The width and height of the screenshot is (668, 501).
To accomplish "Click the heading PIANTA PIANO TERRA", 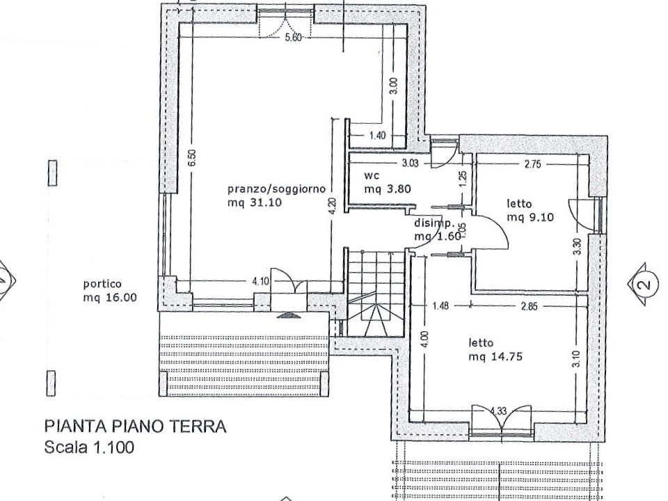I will (x=135, y=426).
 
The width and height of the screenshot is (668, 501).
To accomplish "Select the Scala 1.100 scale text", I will (x=88, y=447).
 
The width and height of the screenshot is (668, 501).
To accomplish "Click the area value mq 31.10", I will (x=255, y=203).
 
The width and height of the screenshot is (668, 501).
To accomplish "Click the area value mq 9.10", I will (x=530, y=217).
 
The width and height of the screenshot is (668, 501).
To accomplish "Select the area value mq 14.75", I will (x=495, y=357).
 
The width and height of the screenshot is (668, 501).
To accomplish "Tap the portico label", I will (x=102, y=284).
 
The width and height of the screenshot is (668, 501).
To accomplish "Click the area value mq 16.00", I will (x=110, y=298).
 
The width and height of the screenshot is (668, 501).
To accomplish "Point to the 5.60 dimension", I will (x=292, y=38).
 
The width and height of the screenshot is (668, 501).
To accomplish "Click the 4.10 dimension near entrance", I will (x=260, y=282).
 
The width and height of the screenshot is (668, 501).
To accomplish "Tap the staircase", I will (x=376, y=292).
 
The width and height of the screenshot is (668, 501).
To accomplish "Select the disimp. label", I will (x=434, y=224).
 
